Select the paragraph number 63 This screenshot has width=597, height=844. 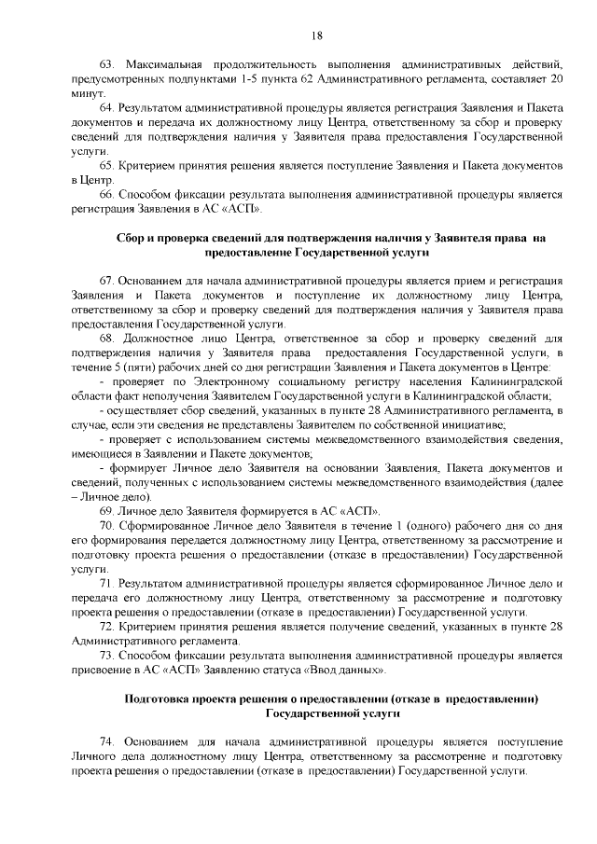coord(104,63)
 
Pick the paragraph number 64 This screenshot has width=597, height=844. coord(104,108)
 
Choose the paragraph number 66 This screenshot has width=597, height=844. coord(104,195)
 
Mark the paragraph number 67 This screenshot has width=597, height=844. coord(104,281)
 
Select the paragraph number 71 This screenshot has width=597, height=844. coord(104,584)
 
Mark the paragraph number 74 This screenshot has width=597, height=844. coord(104,742)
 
